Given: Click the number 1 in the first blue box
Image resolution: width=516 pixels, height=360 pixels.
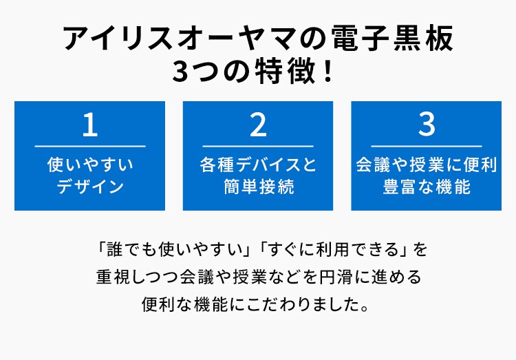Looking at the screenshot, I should [x=90, y=125].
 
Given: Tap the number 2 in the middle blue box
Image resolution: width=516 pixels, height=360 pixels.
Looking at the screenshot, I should [x=258, y=125].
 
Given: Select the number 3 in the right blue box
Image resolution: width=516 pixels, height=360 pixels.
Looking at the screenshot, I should [x=427, y=125].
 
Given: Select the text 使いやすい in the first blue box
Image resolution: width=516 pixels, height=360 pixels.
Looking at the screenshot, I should [x=90, y=165].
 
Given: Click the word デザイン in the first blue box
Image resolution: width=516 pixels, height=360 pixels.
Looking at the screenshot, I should [x=90, y=187].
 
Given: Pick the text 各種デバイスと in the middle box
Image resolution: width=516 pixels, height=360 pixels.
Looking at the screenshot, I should [x=258, y=165].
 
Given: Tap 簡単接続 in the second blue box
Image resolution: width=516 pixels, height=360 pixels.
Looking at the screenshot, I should [x=258, y=187].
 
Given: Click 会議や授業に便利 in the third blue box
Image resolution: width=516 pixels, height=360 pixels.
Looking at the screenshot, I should [x=427, y=165].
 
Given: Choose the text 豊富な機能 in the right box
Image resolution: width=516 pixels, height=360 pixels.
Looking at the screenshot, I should [x=427, y=187].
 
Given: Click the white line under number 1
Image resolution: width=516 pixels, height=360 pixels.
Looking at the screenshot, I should [x=90, y=146].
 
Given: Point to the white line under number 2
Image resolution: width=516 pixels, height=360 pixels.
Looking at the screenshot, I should [x=258, y=146].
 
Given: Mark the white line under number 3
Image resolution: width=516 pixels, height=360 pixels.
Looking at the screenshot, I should [x=427, y=146].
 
